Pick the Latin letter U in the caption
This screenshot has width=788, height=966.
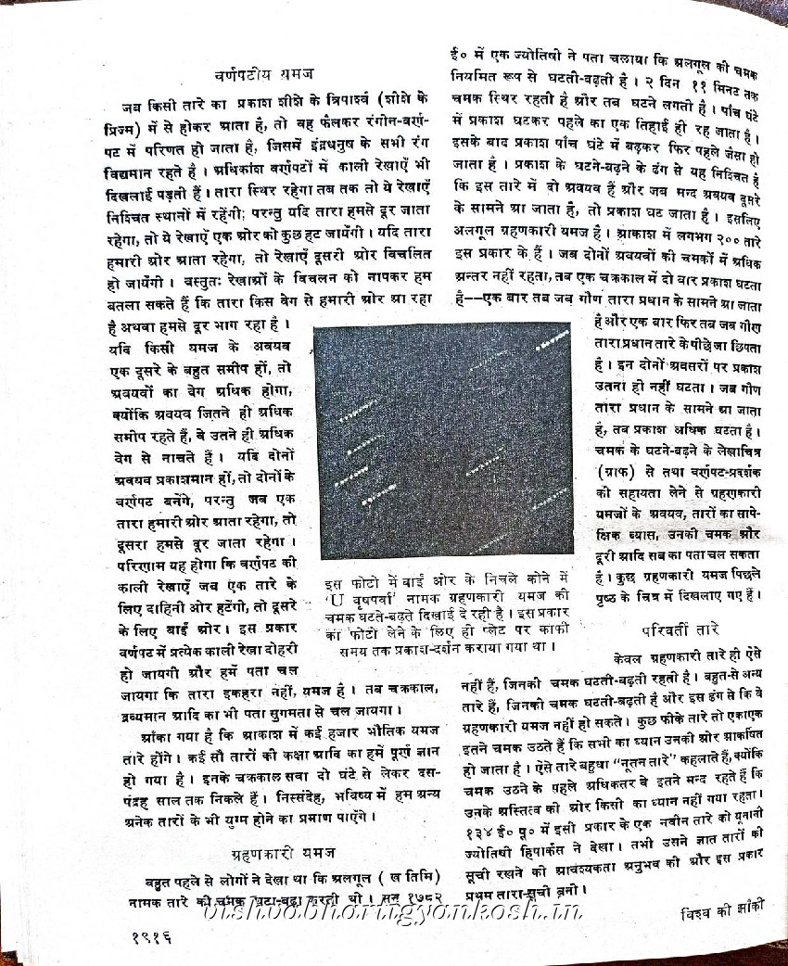coord(336,600)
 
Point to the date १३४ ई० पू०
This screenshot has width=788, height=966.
coord(505,832)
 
